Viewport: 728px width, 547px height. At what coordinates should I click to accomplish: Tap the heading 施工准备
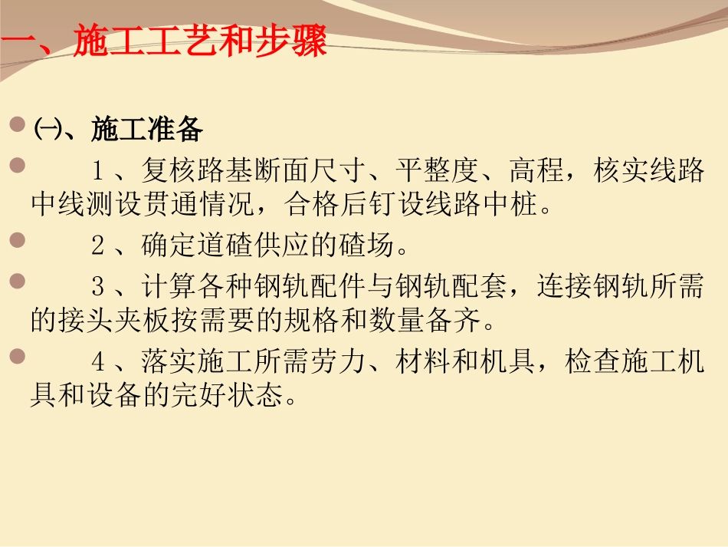click(147, 130)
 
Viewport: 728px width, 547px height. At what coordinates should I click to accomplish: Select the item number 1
click(97, 170)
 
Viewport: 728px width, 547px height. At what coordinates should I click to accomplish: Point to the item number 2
click(97, 246)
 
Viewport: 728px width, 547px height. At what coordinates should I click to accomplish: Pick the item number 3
click(97, 287)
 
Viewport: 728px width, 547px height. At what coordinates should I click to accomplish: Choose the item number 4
click(97, 361)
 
